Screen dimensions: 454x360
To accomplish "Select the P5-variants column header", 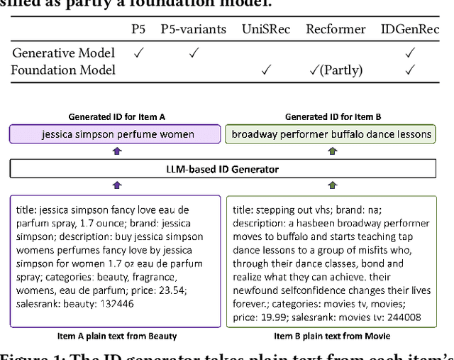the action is [194, 30].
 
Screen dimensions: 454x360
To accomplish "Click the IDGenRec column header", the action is [409, 30].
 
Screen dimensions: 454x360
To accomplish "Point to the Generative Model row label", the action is [63, 53].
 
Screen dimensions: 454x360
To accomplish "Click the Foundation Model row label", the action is [63, 70].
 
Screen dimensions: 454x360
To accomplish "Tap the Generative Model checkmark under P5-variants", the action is [194, 53].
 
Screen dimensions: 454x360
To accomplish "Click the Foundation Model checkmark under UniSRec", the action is [267, 70].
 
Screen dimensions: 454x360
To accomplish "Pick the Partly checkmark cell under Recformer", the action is [336, 70].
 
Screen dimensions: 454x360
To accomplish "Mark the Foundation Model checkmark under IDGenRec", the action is [409, 70].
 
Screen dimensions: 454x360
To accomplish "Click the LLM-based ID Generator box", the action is [223, 169].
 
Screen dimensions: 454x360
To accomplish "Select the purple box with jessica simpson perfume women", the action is [113, 133].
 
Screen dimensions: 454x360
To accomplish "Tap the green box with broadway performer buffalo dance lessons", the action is [331, 133].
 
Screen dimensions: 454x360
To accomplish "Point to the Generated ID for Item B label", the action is [331, 116].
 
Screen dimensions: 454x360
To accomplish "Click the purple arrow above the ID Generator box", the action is [117, 151].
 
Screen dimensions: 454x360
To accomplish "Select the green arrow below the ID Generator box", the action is [331, 185].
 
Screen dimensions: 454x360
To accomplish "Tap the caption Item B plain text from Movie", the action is [331, 336].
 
